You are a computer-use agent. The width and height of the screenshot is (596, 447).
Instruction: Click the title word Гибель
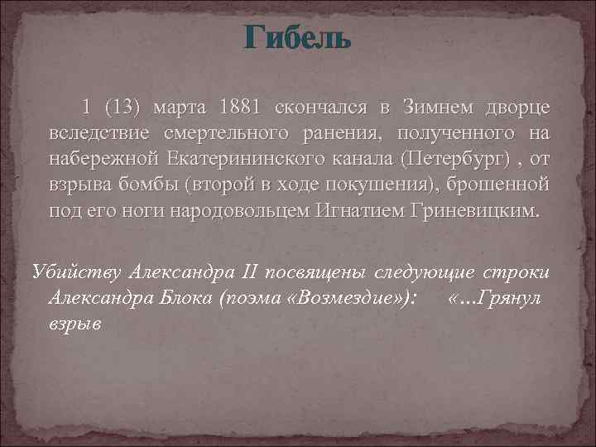click(x=298, y=39)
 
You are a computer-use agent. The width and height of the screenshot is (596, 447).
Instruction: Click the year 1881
click(x=240, y=108)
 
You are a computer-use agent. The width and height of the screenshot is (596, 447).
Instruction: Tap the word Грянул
click(x=506, y=298)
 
